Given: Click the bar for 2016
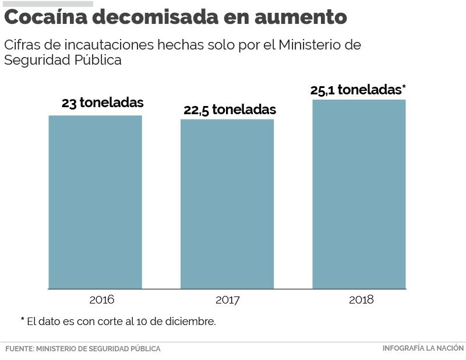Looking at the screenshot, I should pos(95,202).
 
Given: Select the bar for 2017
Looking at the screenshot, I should pos(227,204).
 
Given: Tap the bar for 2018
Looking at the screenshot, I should pos(359,194).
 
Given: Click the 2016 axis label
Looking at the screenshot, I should pos(101,300).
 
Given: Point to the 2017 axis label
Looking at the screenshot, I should pos(227,301).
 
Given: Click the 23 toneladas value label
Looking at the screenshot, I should pos(103,103).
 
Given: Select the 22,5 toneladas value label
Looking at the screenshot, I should pos(230,110).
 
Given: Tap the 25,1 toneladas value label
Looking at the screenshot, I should pos(355,90).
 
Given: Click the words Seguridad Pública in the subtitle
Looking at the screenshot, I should pos(63,60).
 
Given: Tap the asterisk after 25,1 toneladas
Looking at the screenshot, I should pos(404,88).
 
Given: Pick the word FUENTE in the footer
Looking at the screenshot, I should pos(19,349).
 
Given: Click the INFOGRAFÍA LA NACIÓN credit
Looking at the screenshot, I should pos(423,348).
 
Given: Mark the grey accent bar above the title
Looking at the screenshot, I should pos(48,3).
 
